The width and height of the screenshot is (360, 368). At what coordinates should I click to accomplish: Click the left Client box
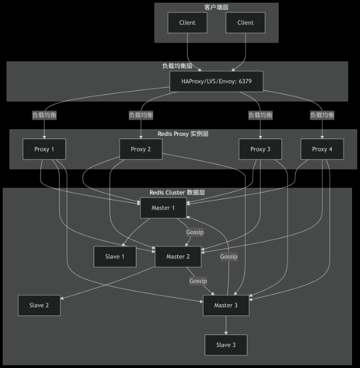pyautogui.click(x=187, y=23)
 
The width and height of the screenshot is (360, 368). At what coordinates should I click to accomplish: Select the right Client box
pyautogui.click(x=245, y=23)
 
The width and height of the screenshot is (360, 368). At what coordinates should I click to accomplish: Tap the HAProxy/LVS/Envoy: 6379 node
pyautogui.click(x=217, y=81)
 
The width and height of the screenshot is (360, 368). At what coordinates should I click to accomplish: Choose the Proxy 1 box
pyautogui.click(x=44, y=149)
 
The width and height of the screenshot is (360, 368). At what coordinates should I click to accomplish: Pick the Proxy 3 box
pyautogui.click(x=260, y=149)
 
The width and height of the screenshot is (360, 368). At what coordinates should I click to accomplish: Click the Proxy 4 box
pyautogui.click(x=323, y=149)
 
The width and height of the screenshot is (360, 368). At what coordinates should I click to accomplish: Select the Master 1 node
pyautogui.click(x=163, y=208)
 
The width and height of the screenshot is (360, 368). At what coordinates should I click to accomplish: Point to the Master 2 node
pyautogui.click(x=178, y=257)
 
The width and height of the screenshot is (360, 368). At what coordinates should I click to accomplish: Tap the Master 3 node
pyautogui.click(x=226, y=305)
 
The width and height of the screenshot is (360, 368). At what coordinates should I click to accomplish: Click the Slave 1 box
pyautogui.click(x=115, y=257)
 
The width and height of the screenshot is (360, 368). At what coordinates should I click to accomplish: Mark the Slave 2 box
pyautogui.click(x=39, y=305)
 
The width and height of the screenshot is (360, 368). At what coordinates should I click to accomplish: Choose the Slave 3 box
pyautogui.click(x=226, y=345)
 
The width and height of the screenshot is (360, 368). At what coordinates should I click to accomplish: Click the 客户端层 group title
pyautogui.click(x=216, y=7)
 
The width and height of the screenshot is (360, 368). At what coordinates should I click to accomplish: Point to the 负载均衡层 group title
pyautogui.click(x=177, y=65)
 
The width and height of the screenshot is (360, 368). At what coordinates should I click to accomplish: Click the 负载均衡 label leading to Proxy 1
pyautogui.click(x=44, y=115)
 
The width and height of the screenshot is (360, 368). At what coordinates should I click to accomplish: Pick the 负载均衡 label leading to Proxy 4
pyautogui.click(x=322, y=115)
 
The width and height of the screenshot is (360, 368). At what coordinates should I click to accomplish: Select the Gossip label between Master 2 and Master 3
pyautogui.click(x=198, y=281)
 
